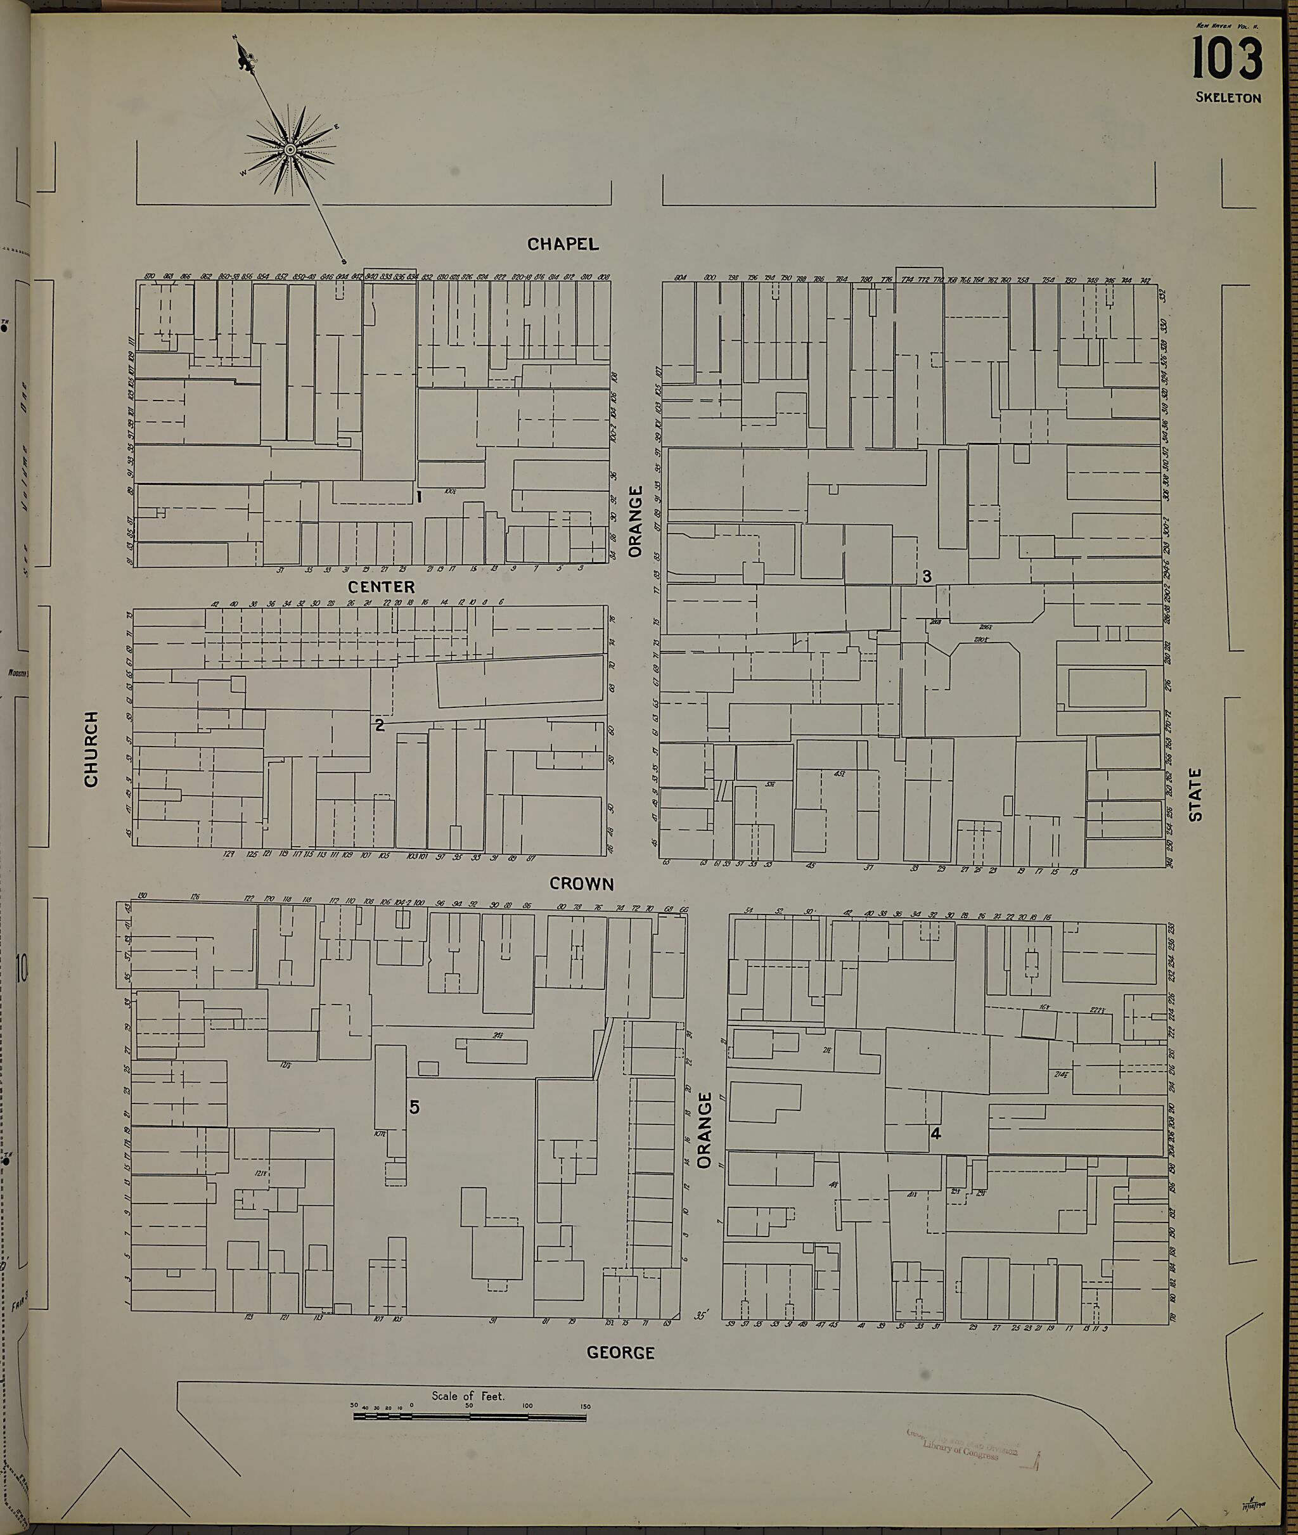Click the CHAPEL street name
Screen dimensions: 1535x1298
click(563, 243)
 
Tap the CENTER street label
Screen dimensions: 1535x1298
click(381, 586)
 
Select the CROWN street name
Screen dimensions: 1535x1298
click(581, 883)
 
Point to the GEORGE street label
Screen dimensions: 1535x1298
click(620, 1352)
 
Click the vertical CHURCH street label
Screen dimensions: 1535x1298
click(91, 748)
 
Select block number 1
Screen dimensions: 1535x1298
click(419, 498)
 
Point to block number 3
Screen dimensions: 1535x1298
click(927, 576)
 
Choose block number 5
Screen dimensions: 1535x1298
click(414, 1107)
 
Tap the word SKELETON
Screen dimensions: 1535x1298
click(1228, 98)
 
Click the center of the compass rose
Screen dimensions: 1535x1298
click(290, 150)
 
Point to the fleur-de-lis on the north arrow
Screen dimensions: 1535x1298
click(243, 56)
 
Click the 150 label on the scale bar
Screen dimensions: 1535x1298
click(584, 1406)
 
